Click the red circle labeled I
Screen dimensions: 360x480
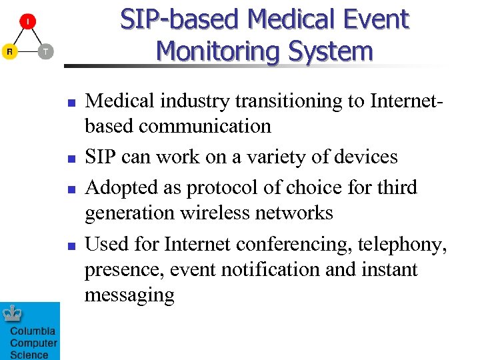pyautogui.click(x=27, y=21)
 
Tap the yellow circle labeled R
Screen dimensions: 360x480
pyautogui.click(x=9, y=51)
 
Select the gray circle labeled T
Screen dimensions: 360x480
pyautogui.click(x=45, y=51)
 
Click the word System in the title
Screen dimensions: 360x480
pyautogui.click(x=335, y=51)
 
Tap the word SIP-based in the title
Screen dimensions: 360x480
pyautogui.click(x=180, y=20)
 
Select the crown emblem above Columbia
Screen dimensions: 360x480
pyautogui.click(x=12, y=313)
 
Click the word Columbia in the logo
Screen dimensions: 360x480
pyautogui.click(x=32, y=331)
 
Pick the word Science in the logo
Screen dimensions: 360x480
pyautogui.click(x=29, y=355)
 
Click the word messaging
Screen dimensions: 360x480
pyautogui.click(x=129, y=295)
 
